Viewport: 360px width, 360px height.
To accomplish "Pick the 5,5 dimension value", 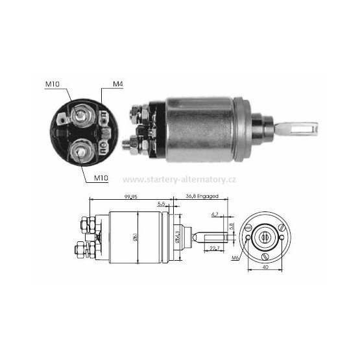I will [x=160, y=204].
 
